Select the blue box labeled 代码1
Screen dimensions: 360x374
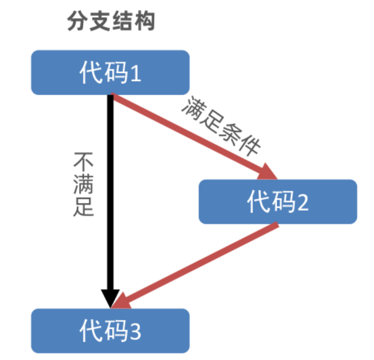[x=110, y=72]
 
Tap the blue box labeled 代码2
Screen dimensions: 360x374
[x=278, y=201]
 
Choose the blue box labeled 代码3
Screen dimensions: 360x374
[x=110, y=330]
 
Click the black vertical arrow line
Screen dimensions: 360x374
[x=110, y=188]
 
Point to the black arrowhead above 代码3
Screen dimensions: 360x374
[x=110, y=298]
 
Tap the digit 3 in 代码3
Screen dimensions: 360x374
[x=135, y=331]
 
